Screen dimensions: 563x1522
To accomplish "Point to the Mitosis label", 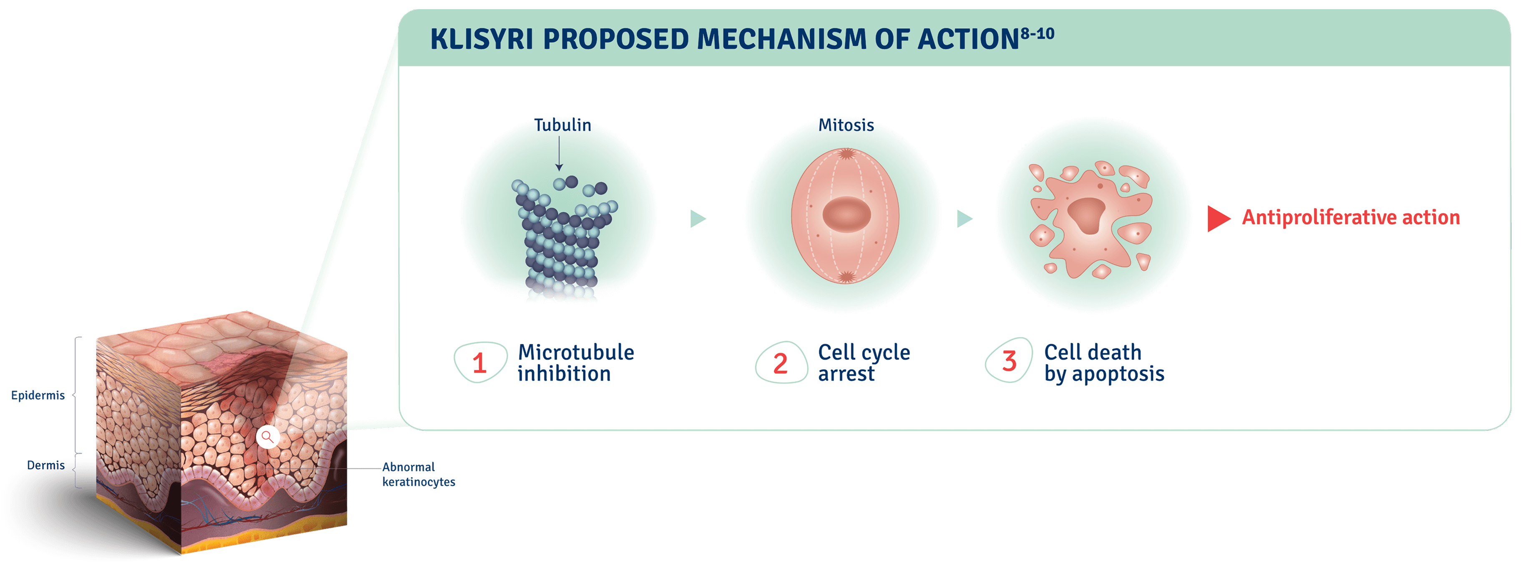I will pos(846,125).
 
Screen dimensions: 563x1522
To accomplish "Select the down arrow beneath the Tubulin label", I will pos(559,153).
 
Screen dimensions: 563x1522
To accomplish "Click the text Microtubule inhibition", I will pos(575,363).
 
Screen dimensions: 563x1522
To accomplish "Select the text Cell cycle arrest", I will pos(863,363).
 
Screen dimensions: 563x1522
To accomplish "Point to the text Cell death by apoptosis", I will pos(1104,363).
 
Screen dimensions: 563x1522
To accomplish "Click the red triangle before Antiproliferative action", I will pos(1218,219).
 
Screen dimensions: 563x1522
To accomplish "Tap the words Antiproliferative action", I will pos(1351,217).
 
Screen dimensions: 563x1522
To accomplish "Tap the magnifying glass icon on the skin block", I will pos(268,437).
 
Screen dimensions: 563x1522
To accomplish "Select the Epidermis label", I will pos(38,395).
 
